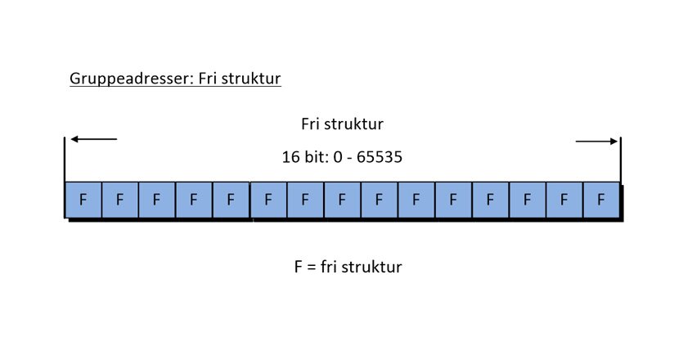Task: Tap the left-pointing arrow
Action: (x=93, y=139)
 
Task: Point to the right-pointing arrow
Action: (x=597, y=142)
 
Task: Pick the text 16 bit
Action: (x=301, y=157)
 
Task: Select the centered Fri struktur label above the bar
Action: (x=342, y=124)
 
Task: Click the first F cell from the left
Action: (x=83, y=199)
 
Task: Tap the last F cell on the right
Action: (x=601, y=199)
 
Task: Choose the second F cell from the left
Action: (x=119, y=199)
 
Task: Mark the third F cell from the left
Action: (x=156, y=199)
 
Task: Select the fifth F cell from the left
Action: (x=231, y=199)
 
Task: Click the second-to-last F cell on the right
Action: (x=564, y=199)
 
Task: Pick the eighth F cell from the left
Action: (x=342, y=199)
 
